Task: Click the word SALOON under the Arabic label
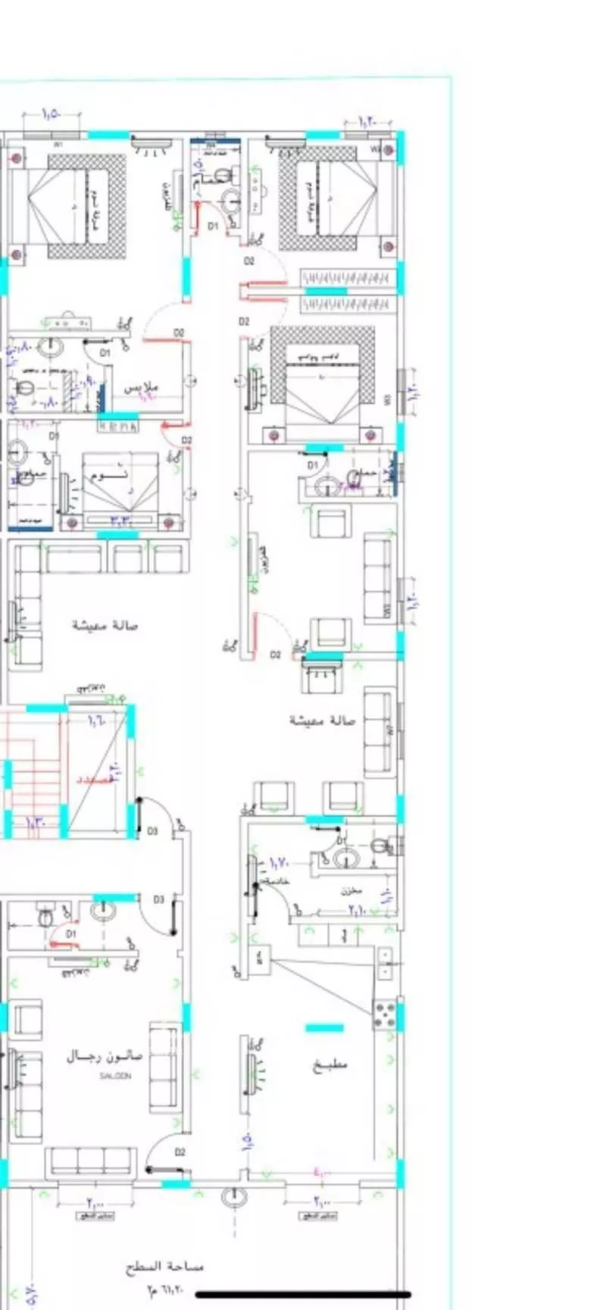tap(116, 1076)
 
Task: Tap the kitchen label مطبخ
tap(330, 1065)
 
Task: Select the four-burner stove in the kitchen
tap(385, 1014)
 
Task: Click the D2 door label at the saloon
tap(180, 1152)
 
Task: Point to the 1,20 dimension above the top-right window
tap(366, 121)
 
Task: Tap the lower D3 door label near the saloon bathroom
tap(158, 899)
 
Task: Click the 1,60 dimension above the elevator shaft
tap(97, 721)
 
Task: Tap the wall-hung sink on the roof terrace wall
tap(233, 1198)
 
